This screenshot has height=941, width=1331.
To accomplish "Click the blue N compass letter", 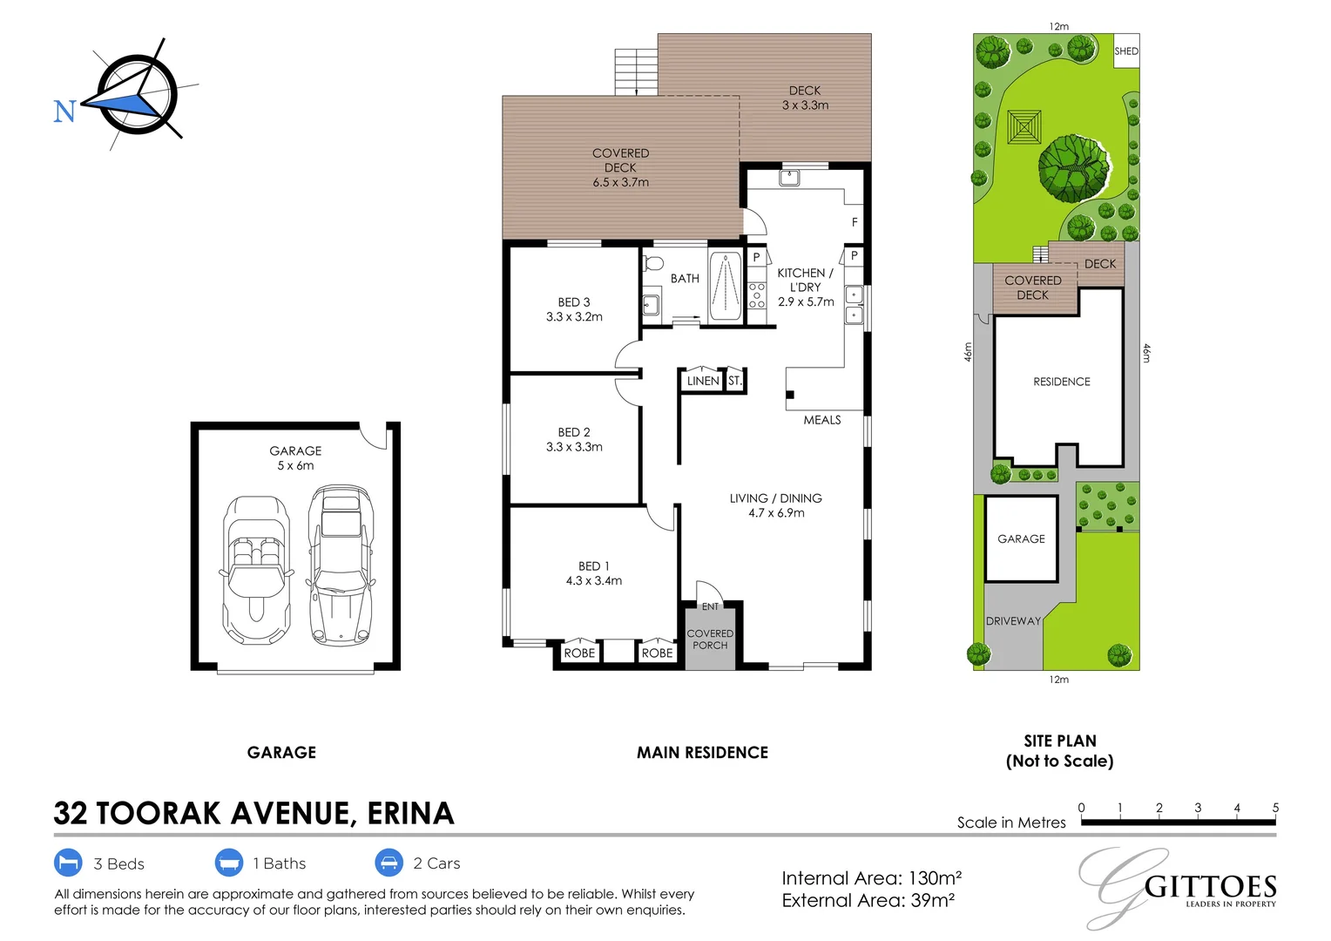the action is coord(64,112).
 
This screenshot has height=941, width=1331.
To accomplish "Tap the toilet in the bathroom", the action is coord(652,263).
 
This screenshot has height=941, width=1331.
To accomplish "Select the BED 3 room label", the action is coord(574,302).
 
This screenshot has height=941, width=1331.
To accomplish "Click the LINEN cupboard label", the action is coord(703,381).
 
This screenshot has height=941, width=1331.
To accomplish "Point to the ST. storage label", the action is coord(735,381).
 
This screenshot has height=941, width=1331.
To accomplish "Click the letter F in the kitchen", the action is coord(855,222).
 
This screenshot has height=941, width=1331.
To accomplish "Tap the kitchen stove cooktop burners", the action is coord(757,295).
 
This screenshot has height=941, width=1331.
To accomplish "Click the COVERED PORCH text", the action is coord(710,639).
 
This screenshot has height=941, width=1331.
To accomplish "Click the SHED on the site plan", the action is coord(1126,51).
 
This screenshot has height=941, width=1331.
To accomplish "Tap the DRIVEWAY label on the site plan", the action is coord(1013,621).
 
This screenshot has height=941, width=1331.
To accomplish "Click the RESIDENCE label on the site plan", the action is coord(1062,382).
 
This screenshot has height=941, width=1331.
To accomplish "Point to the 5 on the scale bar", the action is coord(1275,808).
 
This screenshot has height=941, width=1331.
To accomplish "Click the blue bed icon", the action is coord(68,863).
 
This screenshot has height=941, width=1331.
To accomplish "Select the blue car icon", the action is coord(388,863).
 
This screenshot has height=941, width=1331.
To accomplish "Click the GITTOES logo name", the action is coord(1210,888).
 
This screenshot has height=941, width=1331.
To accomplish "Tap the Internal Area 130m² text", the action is coord(872,878).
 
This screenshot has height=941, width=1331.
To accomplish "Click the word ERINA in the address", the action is coord(410,813).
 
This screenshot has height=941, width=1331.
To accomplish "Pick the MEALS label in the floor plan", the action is coord(822,420).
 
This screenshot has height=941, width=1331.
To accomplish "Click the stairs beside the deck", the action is coord(637,71).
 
